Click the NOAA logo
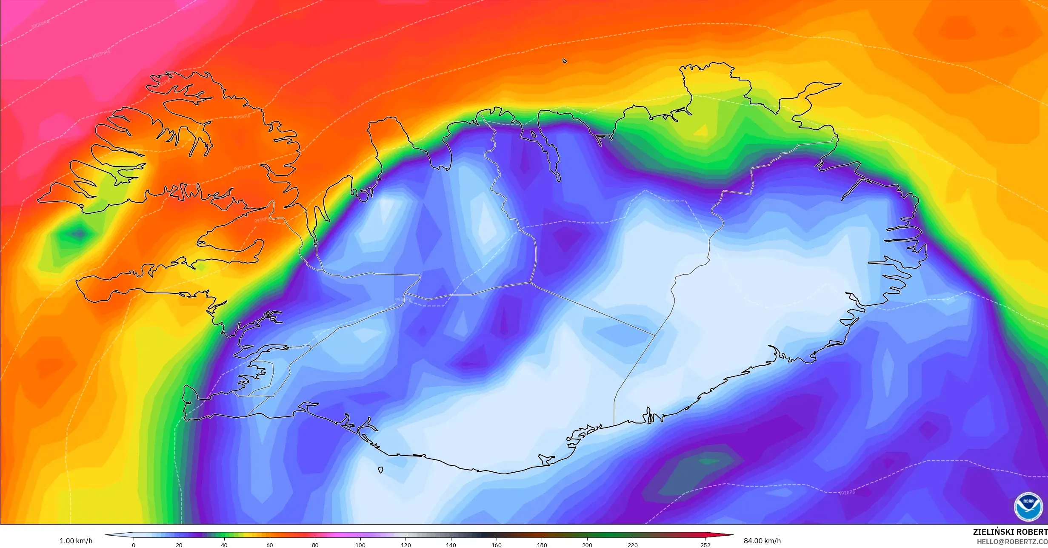point(1028,507)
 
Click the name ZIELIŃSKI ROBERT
point(1010,532)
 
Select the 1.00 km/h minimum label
point(76,541)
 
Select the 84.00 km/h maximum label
point(762,541)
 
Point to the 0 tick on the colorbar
point(134,545)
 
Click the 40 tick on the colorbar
point(224,545)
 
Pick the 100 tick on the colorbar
point(360,545)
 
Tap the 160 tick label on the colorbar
point(496,545)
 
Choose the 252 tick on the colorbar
point(705,545)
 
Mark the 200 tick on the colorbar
point(587,545)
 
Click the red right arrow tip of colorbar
point(731,535)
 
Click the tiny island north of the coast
point(565,61)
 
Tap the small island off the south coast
point(380,470)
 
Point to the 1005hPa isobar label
point(40,24)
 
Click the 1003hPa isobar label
point(101,54)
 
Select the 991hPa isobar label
point(847,493)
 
